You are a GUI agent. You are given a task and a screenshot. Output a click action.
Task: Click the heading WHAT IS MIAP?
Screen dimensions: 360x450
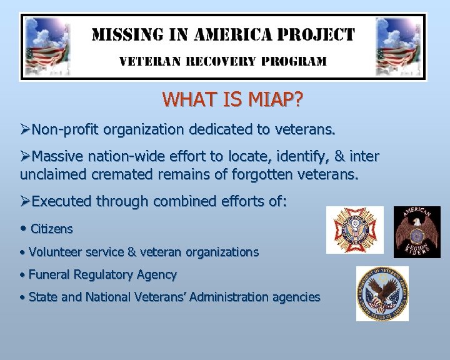231,99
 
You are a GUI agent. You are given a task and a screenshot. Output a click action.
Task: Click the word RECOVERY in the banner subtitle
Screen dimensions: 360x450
221,61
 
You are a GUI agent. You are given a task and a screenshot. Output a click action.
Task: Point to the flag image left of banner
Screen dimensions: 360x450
47,47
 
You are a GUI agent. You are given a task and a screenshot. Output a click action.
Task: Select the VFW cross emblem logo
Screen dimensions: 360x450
355,230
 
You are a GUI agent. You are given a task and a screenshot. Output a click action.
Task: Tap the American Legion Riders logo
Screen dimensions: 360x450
417,232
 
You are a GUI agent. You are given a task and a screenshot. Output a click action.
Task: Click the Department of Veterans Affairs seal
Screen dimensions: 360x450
382,293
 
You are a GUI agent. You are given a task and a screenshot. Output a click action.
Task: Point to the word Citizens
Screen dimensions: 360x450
52,229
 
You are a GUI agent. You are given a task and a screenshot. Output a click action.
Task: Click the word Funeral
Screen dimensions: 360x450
50,274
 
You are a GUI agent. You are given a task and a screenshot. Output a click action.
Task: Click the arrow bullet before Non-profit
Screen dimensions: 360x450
25,130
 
